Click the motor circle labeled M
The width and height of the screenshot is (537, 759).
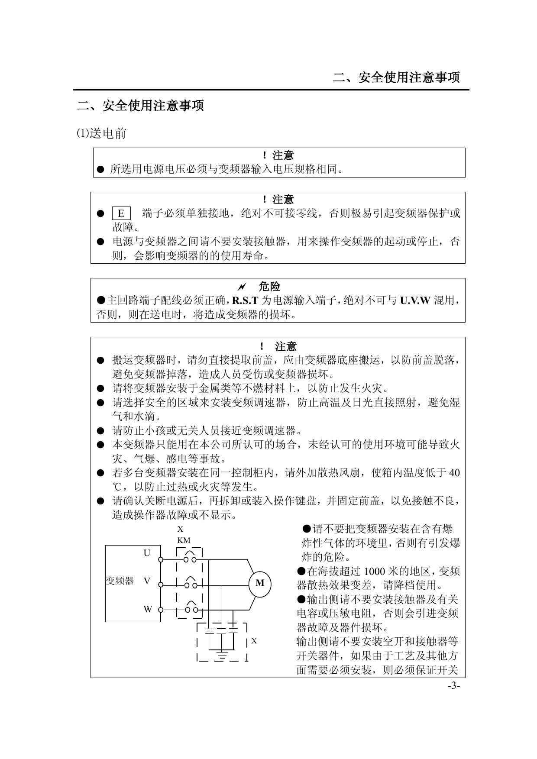coord(260,583)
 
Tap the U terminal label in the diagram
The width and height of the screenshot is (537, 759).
coord(147,553)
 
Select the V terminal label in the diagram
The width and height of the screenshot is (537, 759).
coord(147,581)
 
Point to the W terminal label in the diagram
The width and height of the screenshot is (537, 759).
coord(148,609)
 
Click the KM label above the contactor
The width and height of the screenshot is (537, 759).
coord(184,540)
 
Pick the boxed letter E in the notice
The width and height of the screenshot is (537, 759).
coord(121,213)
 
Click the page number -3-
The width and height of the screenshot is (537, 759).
coord(454,686)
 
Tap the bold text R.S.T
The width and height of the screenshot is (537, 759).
coord(245,300)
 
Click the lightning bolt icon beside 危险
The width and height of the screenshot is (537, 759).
coord(242,287)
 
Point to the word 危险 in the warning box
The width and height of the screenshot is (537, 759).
coord(269,287)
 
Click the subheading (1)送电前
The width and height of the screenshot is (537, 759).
coord(101,133)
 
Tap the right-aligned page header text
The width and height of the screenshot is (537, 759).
coord(396,78)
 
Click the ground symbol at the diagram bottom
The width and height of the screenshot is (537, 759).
coord(222,656)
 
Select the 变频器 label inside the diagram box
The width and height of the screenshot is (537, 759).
coord(120,581)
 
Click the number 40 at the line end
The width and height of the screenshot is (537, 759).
coord(454,473)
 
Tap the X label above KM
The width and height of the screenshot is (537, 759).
coord(181,529)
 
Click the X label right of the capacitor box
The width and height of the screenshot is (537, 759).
coord(254,641)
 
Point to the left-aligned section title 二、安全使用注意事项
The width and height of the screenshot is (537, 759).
coord(140,105)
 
